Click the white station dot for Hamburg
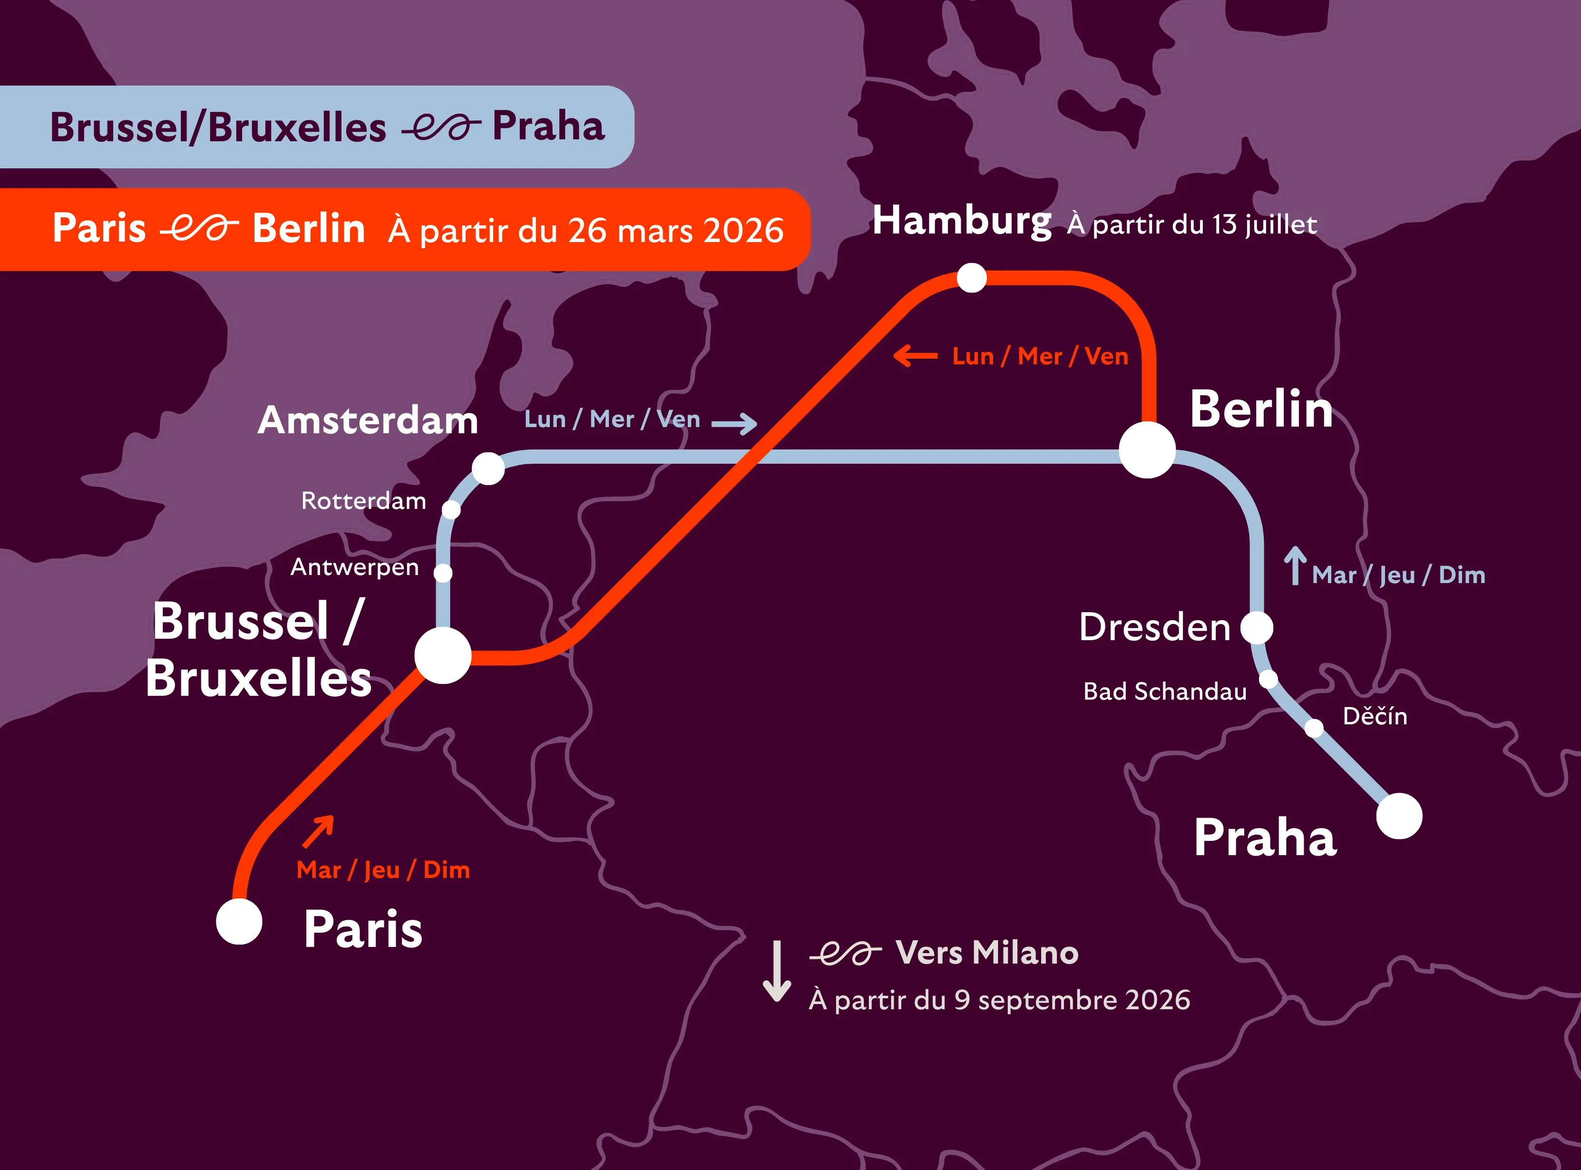pyautogui.click(x=971, y=278)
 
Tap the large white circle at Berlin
pyautogui.click(x=1147, y=450)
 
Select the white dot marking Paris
pyautogui.click(x=239, y=921)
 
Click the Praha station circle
pyautogui.click(x=1399, y=816)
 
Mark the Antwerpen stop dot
pyautogui.click(x=443, y=572)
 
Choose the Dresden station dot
pyautogui.click(x=1257, y=627)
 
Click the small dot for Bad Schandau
pyautogui.click(x=1268, y=679)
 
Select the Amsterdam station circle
pyautogui.click(x=488, y=468)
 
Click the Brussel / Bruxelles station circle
pyautogui.click(x=443, y=655)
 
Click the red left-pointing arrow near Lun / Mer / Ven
pyautogui.click(x=915, y=356)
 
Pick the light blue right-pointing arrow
pyautogui.click(x=734, y=423)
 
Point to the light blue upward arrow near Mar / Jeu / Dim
pyautogui.click(x=1295, y=565)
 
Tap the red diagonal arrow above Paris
pyautogui.click(x=319, y=831)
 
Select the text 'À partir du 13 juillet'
pyautogui.click(x=1191, y=224)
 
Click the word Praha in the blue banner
pyautogui.click(x=548, y=127)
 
